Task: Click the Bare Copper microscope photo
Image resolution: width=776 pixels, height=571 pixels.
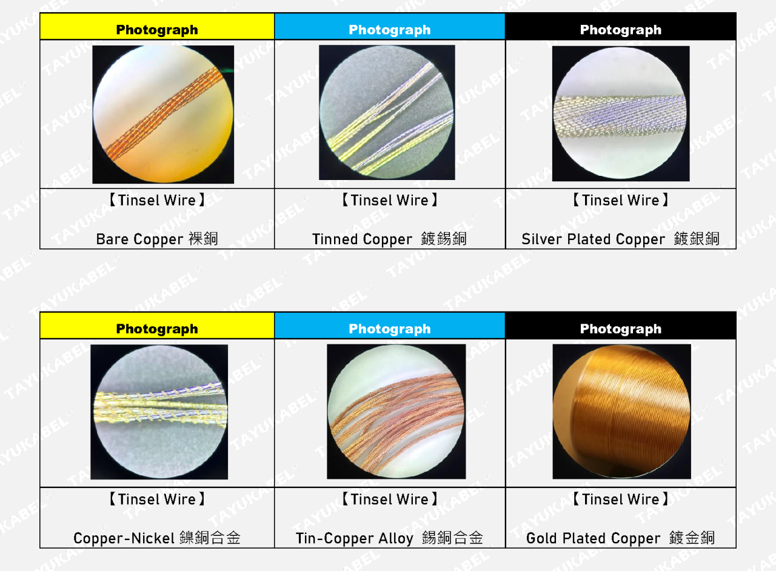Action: [163, 115]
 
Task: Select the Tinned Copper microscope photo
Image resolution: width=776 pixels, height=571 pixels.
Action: [387, 112]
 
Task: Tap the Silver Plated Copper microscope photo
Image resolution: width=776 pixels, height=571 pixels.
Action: [621, 113]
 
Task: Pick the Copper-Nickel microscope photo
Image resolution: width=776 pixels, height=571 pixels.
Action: [159, 412]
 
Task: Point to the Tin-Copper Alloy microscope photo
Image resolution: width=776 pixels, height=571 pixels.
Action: [396, 412]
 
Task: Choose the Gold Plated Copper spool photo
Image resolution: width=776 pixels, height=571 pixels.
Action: [622, 412]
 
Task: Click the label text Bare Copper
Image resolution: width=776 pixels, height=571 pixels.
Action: [139, 239]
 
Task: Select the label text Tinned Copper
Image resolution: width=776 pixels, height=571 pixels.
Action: [362, 239]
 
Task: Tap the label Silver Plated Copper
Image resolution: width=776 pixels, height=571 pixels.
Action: [594, 239]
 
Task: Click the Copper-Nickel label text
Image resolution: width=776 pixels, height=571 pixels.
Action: [124, 538]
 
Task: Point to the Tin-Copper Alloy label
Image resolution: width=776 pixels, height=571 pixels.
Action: [355, 538]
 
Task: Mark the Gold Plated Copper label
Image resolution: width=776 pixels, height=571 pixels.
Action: [594, 538]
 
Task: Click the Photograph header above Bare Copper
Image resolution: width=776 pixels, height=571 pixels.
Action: [157, 30]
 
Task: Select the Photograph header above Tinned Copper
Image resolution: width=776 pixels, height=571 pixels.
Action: [390, 30]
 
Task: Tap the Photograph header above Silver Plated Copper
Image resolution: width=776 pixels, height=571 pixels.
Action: [621, 30]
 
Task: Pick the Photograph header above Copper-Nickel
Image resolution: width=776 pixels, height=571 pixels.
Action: [157, 329]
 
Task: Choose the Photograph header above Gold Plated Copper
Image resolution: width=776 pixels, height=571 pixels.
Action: [621, 329]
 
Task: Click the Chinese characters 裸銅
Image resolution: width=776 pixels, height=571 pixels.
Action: [203, 239]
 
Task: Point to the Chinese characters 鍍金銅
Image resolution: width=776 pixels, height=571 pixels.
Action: [692, 538]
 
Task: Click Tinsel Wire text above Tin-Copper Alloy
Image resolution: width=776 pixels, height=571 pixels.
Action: [390, 499]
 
